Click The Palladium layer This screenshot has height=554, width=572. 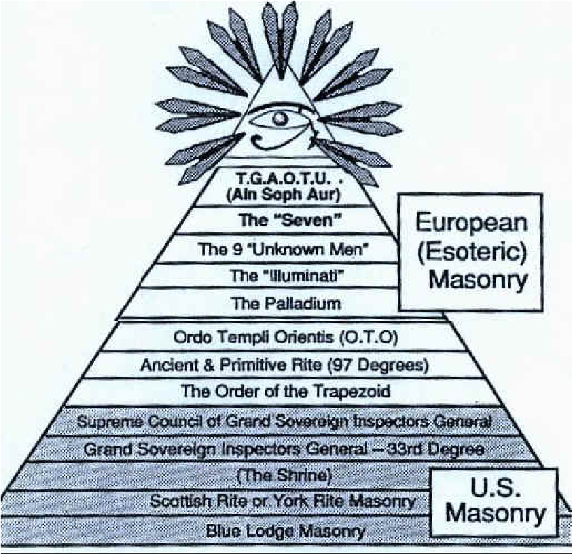[x=285, y=303]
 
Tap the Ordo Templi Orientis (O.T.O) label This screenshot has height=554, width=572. [x=285, y=337]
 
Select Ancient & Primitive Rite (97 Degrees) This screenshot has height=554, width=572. [x=285, y=365]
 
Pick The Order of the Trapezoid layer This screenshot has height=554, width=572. [x=285, y=391]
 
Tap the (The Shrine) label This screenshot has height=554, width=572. [x=286, y=476]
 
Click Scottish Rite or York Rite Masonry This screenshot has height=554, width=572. [x=283, y=502]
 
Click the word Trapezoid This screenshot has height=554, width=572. [x=352, y=391]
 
